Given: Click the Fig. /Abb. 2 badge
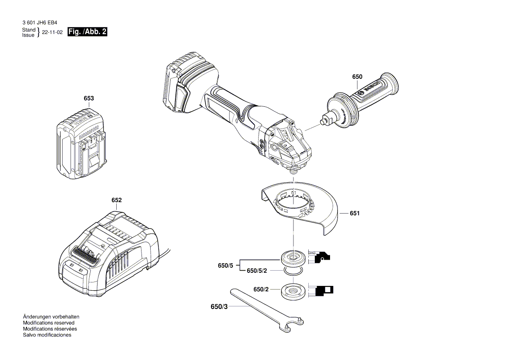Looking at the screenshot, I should (88, 32).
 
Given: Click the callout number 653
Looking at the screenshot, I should (88, 99).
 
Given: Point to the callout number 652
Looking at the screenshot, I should (116, 200).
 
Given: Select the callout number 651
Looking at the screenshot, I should (355, 214).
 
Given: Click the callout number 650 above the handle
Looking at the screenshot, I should (357, 77).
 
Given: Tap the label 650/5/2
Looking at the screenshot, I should (257, 271).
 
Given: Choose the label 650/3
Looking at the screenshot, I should (219, 307).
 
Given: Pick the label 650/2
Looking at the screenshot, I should (261, 289).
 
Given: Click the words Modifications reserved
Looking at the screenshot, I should (48, 323).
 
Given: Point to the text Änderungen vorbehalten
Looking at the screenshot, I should (51, 316).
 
